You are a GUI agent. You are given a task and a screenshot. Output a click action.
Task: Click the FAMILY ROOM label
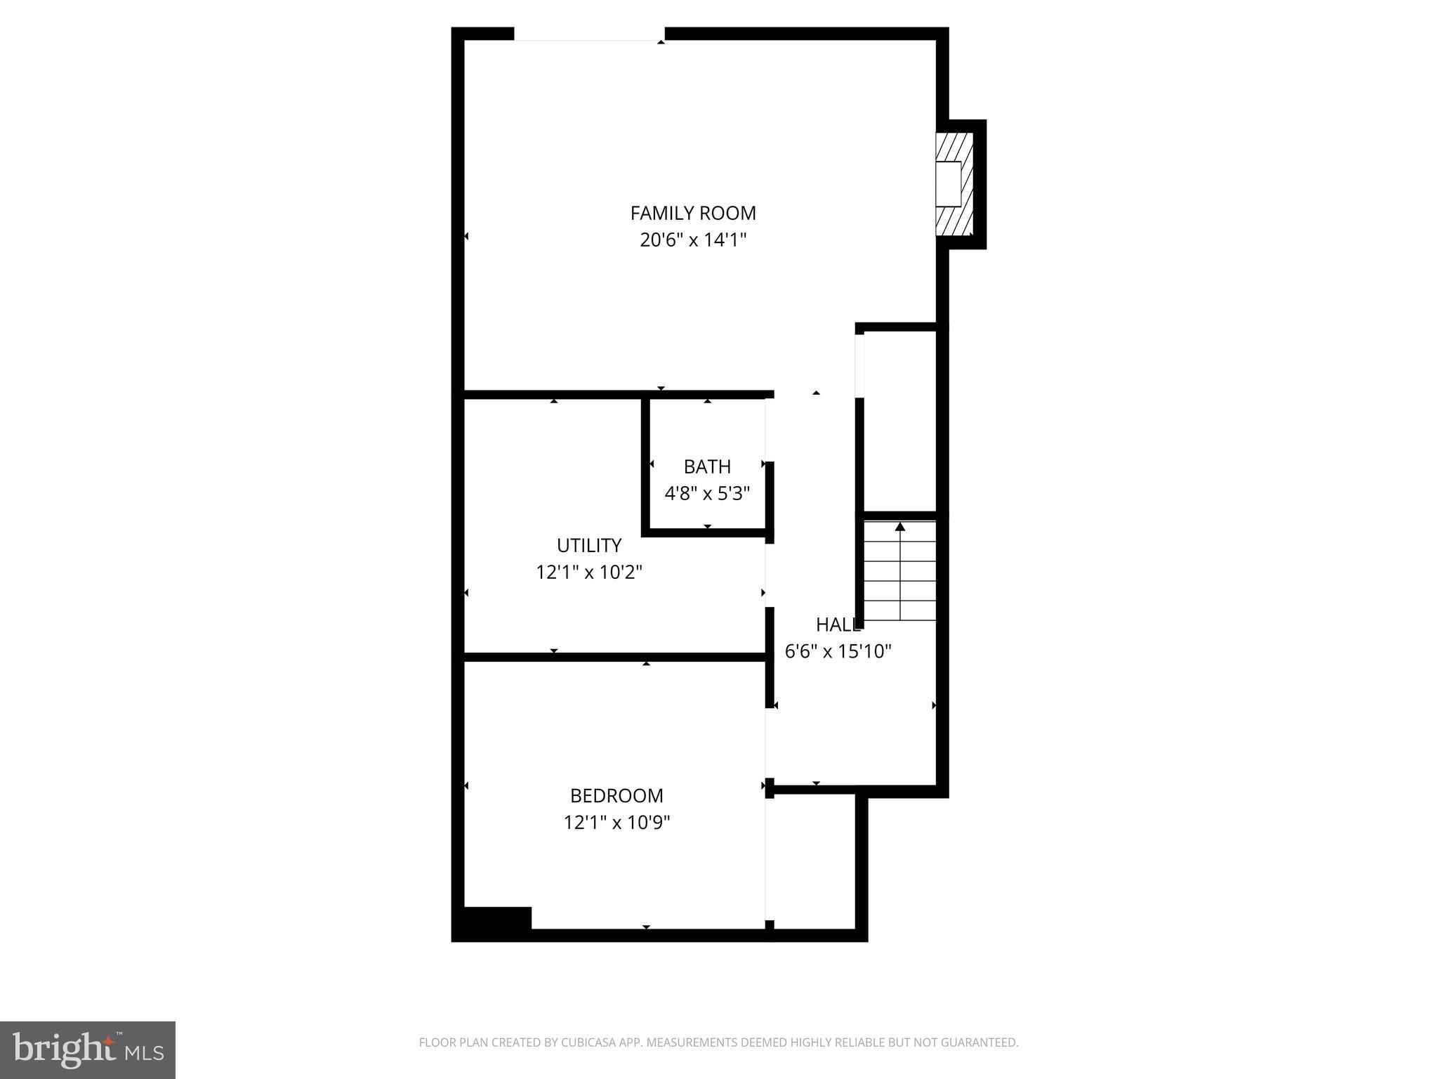[x=692, y=213]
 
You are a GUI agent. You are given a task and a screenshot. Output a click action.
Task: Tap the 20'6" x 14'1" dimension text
[x=692, y=240]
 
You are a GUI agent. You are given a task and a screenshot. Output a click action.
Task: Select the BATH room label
[x=707, y=466]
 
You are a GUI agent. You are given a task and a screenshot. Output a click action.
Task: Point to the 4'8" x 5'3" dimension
[x=707, y=493]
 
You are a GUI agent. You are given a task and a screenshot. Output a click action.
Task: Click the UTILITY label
[x=588, y=545]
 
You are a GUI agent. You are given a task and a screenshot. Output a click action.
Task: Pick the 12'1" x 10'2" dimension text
[x=588, y=572]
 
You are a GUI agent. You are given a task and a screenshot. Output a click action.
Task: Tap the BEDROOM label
[x=616, y=795]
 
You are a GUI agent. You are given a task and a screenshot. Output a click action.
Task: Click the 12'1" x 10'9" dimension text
[x=616, y=822]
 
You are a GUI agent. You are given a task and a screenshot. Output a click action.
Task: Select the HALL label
[x=837, y=624]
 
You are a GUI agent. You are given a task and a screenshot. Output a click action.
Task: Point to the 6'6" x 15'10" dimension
[x=837, y=651]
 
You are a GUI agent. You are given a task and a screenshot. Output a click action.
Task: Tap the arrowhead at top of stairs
[x=900, y=526]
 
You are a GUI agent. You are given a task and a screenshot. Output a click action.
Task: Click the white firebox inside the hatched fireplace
[x=948, y=184]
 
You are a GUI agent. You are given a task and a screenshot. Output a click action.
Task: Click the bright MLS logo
[x=88, y=1049]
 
